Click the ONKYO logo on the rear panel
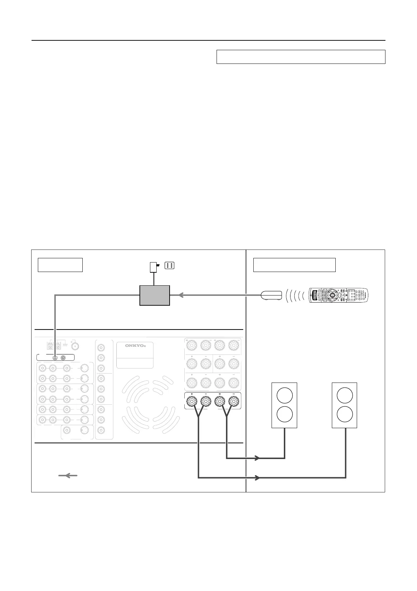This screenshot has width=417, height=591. point(135,345)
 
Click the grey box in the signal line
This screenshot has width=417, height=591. point(155,295)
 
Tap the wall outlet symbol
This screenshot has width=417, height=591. point(169,266)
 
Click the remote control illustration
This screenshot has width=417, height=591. point(339,295)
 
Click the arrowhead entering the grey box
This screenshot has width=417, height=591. point(181,295)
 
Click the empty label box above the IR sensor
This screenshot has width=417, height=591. point(294,265)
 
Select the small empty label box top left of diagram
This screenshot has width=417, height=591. point(60,265)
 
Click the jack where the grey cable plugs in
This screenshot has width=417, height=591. point(55,358)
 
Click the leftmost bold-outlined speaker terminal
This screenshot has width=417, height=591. point(192,400)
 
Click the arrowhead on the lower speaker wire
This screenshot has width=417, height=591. point(257,478)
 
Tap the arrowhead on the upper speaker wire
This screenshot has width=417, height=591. point(257,458)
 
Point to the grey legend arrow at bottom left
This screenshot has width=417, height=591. point(68,476)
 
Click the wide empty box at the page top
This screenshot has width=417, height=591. point(301,57)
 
